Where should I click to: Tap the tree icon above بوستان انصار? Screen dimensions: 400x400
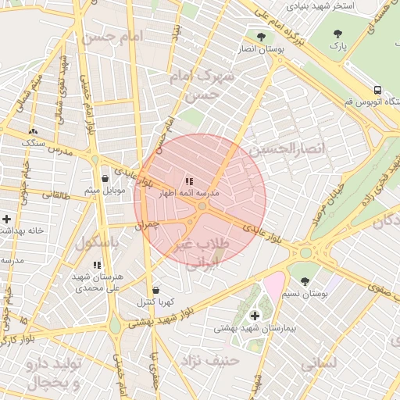[261, 36]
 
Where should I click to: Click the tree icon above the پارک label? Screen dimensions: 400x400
[337, 34]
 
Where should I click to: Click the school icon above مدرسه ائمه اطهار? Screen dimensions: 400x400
[189, 181]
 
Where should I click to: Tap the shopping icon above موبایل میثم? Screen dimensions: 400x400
[105, 179]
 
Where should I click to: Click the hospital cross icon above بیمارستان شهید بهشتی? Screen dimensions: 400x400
[255, 316]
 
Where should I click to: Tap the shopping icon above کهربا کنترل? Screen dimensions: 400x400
[155, 290]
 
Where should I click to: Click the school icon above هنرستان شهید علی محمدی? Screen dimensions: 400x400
[97, 265]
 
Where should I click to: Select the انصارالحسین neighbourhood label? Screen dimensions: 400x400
[278, 148]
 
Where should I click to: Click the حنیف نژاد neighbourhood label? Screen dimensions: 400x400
[209, 361]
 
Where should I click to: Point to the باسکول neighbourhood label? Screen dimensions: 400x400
[96, 243]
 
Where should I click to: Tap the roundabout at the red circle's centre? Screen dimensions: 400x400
[202, 206]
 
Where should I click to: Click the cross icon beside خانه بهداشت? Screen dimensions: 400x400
[7, 219]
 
